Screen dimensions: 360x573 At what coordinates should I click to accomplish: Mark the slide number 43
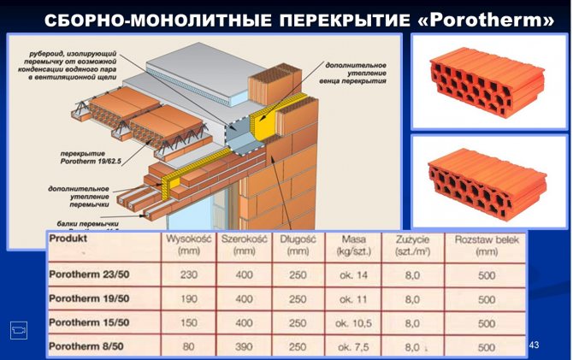(535, 345)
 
